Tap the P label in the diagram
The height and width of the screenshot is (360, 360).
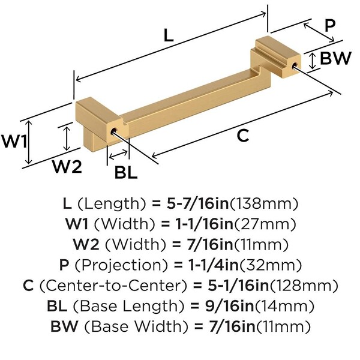[x=329, y=26]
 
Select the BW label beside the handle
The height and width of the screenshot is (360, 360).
[x=335, y=58]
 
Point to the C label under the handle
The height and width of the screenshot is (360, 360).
[x=242, y=136]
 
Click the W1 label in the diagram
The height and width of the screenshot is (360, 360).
[x=13, y=143]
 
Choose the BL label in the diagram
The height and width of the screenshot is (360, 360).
[x=126, y=173]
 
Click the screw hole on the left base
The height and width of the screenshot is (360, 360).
[x=113, y=129]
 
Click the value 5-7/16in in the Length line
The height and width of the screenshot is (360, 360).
[x=199, y=202]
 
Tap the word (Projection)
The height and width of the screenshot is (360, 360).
[x=125, y=265]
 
